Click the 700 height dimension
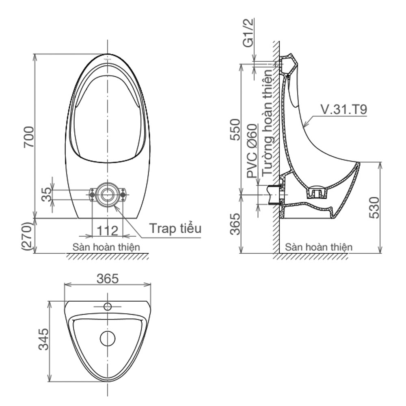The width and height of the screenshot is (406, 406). (x=29, y=137)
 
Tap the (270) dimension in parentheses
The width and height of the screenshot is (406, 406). (x=28, y=236)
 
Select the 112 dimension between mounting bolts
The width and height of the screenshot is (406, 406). (x=108, y=231)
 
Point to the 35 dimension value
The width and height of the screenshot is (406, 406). (x=47, y=194)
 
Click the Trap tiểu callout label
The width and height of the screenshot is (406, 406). (x=175, y=228)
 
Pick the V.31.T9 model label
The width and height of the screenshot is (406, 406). (x=344, y=109)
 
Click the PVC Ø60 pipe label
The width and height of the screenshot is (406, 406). (x=252, y=151)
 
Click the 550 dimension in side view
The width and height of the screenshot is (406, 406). (x=235, y=130)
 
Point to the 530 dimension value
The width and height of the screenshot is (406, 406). (x=374, y=207)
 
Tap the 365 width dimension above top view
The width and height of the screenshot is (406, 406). (x=108, y=279)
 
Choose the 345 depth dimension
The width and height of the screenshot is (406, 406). (x=43, y=339)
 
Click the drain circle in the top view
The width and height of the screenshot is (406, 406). (x=108, y=339)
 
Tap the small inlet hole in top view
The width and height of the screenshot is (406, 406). (x=108, y=307)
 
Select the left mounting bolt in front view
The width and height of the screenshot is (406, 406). (x=92, y=194)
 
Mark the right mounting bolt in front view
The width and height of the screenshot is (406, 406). (x=123, y=194)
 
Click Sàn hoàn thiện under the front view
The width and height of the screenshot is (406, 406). (x=106, y=247)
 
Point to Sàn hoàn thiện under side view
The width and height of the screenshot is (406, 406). (x=319, y=247)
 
